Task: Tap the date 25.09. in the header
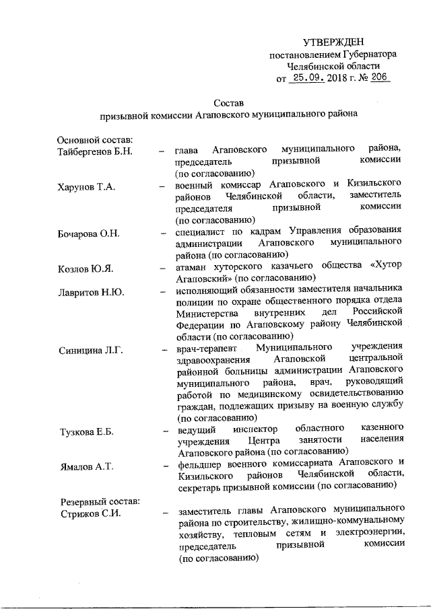point(308,79)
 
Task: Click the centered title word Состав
point(228,103)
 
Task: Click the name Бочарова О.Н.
point(89,233)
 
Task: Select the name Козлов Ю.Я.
point(85,268)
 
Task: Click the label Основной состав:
point(96,139)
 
